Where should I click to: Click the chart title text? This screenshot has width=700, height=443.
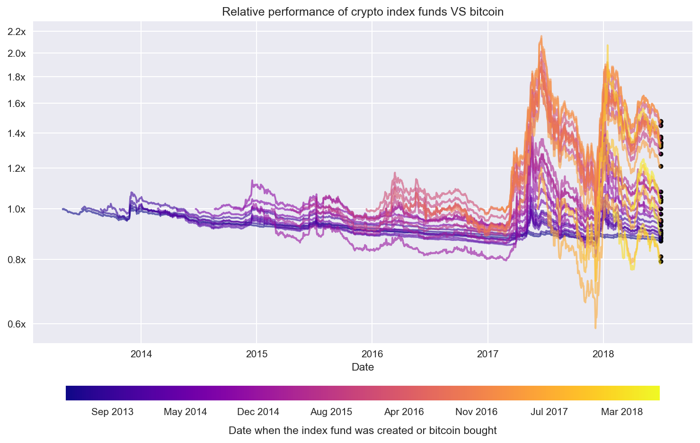pyautogui.click(x=363, y=12)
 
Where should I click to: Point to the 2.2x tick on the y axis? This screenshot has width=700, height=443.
pyautogui.click(x=17, y=32)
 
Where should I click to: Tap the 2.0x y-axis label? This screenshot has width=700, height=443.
pyautogui.click(x=17, y=53)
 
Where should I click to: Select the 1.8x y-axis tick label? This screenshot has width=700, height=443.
pyautogui.click(x=17, y=77)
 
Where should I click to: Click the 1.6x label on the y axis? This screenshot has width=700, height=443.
pyautogui.click(x=17, y=104)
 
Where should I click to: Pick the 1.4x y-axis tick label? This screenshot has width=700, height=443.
pyautogui.click(x=17, y=133)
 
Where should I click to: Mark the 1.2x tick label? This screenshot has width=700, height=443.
pyautogui.click(x=17, y=168)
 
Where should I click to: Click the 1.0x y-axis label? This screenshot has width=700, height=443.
pyautogui.click(x=17, y=209)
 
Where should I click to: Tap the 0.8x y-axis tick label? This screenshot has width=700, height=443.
pyautogui.click(x=17, y=260)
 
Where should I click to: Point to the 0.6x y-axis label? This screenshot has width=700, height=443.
pyautogui.click(x=17, y=324)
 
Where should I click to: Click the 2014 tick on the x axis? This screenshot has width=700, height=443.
pyautogui.click(x=141, y=354)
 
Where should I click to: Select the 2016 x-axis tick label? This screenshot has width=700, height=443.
pyautogui.click(x=372, y=354)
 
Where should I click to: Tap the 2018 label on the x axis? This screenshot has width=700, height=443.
pyautogui.click(x=603, y=354)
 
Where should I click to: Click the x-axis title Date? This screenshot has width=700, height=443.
pyautogui.click(x=363, y=367)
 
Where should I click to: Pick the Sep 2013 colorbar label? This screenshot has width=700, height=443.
pyautogui.click(x=112, y=412)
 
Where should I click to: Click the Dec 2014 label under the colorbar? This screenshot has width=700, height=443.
pyautogui.click(x=258, y=412)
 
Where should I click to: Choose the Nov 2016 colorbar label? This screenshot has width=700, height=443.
pyautogui.click(x=476, y=412)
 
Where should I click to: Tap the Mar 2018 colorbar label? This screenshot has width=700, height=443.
pyautogui.click(x=622, y=412)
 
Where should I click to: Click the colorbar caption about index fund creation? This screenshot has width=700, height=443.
pyautogui.click(x=363, y=431)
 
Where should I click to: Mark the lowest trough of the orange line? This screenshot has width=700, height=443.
pyautogui.click(x=595, y=328)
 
